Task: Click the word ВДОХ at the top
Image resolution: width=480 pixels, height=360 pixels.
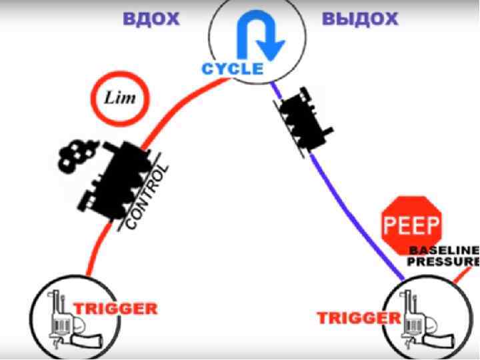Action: [151, 18]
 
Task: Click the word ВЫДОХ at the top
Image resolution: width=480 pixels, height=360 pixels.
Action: [360, 18]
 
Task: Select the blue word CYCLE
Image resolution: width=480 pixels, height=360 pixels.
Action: [233, 68]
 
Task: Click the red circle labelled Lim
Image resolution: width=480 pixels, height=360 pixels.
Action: [120, 99]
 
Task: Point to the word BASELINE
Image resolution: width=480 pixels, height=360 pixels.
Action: [443, 250]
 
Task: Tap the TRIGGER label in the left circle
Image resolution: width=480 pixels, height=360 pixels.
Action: [115, 309]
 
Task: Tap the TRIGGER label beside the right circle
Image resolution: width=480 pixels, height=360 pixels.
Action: [352, 317]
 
